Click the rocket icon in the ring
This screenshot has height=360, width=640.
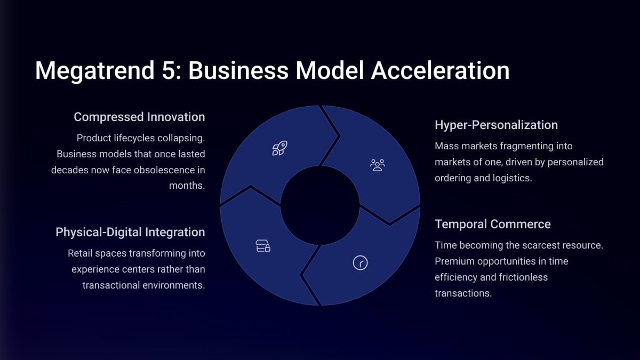[x=279, y=148]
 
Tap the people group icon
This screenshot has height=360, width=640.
[x=377, y=165]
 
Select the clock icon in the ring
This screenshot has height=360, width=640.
[x=361, y=263]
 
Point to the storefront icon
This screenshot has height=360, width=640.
[x=263, y=246]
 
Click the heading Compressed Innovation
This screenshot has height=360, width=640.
[x=139, y=117]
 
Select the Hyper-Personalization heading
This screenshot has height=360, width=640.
[x=497, y=125]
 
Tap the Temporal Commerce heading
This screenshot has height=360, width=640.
[x=493, y=224]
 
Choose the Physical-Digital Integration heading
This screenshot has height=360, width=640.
[x=130, y=232]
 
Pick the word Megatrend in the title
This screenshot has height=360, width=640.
[x=95, y=71]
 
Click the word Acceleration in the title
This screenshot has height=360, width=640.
[x=441, y=70]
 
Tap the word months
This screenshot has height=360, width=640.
[x=187, y=186]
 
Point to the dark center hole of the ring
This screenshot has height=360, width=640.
[x=320, y=205]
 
